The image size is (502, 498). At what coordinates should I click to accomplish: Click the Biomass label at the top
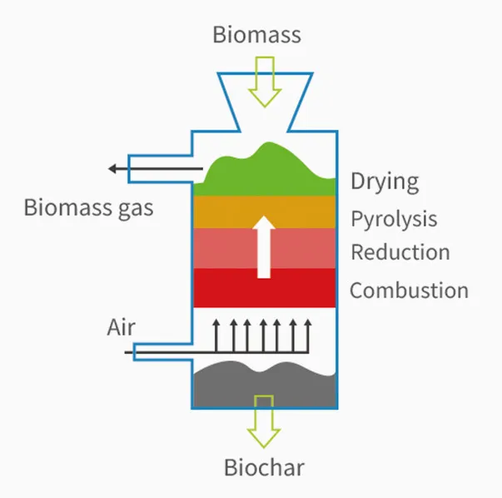tap(256, 35)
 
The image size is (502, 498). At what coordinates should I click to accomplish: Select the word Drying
tap(384, 181)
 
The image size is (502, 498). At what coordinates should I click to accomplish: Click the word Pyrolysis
tap(393, 219)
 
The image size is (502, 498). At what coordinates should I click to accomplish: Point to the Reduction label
tap(400, 251)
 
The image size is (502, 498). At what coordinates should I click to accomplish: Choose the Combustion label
tap(409, 291)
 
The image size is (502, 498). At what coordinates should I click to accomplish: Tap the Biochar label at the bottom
tap(264, 468)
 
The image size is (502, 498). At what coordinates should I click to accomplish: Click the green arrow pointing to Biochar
tap(264, 425)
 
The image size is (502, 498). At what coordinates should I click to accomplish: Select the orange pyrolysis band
tap(225, 211)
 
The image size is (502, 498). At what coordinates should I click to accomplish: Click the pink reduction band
tap(225, 248)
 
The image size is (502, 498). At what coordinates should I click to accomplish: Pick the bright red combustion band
tap(225, 287)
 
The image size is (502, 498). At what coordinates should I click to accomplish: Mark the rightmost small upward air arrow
tap(309, 335)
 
